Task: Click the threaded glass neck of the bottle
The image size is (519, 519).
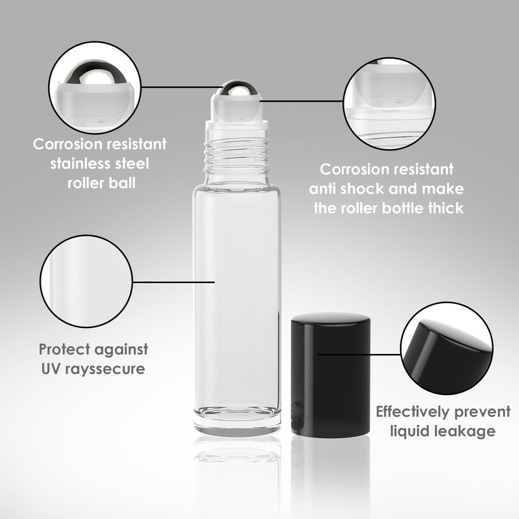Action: coord(237,156)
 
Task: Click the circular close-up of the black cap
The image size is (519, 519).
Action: coord(447,348)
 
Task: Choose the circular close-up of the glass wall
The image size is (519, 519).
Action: coord(86,281)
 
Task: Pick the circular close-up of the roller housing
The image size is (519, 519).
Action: coord(389,104)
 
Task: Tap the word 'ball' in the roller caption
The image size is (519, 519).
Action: coord(122,183)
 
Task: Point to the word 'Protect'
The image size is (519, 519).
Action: coord(64,349)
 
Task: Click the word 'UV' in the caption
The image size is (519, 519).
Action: coord(51,369)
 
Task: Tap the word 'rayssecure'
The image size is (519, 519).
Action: coord(105,369)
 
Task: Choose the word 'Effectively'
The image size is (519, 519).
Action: coord(413,412)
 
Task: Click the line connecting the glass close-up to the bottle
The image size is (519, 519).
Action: coord(174,282)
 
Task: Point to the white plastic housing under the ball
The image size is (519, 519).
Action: coord(237,109)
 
